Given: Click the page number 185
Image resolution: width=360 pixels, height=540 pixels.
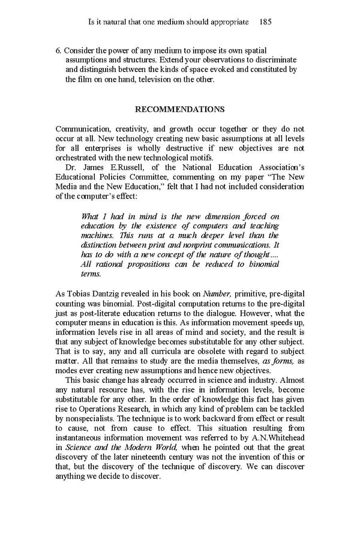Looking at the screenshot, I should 265,22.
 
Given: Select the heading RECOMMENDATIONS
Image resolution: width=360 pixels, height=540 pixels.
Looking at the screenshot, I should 180,109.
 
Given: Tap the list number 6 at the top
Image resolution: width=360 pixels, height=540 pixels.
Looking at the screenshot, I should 58,50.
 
